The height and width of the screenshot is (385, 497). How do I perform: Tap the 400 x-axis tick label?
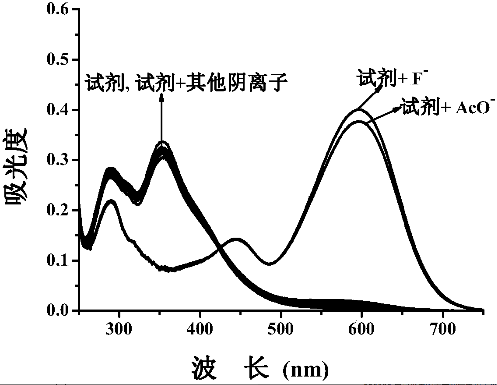point(200,329)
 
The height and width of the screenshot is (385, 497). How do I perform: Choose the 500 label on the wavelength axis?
point(281,329)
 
